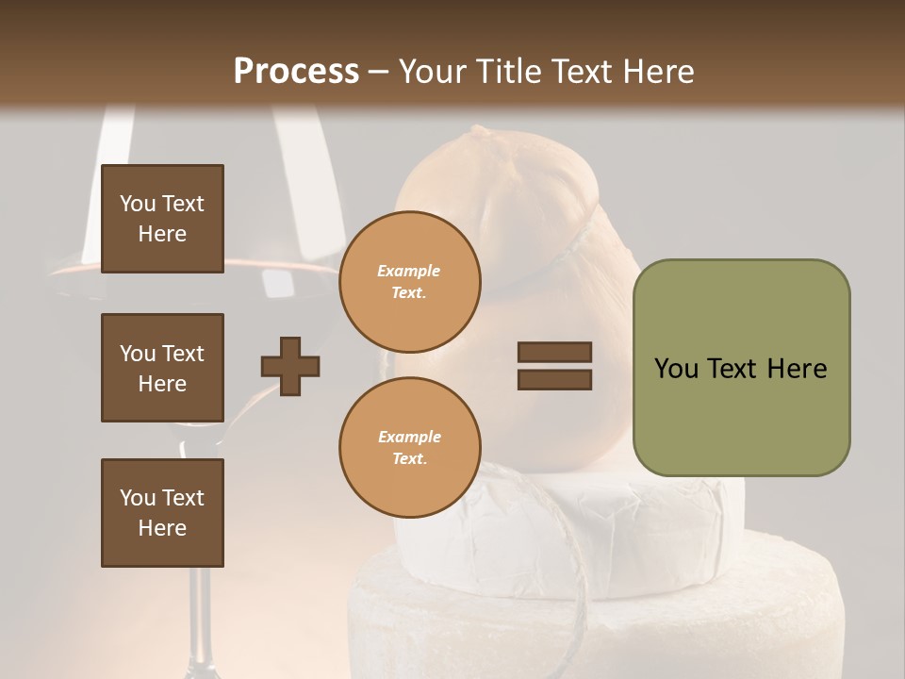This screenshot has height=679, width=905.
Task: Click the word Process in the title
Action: (x=296, y=72)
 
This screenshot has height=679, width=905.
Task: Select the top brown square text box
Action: (x=162, y=219)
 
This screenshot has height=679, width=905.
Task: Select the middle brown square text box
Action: (x=162, y=368)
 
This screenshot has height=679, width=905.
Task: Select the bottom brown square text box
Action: (x=162, y=513)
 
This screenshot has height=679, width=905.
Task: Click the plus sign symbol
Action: (x=290, y=366)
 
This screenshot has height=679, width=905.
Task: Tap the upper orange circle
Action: (x=409, y=282)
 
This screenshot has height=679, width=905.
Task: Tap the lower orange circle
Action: (x=409, y=448)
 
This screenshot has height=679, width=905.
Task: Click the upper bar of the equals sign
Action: (x=554, y=353)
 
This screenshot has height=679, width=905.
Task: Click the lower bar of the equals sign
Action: (x=554, y=379)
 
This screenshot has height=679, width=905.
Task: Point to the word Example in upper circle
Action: (x=409, y=272)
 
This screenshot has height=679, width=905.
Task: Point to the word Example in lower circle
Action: (x=409, y=438)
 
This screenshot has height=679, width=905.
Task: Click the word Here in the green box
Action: (x=797, y=369)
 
